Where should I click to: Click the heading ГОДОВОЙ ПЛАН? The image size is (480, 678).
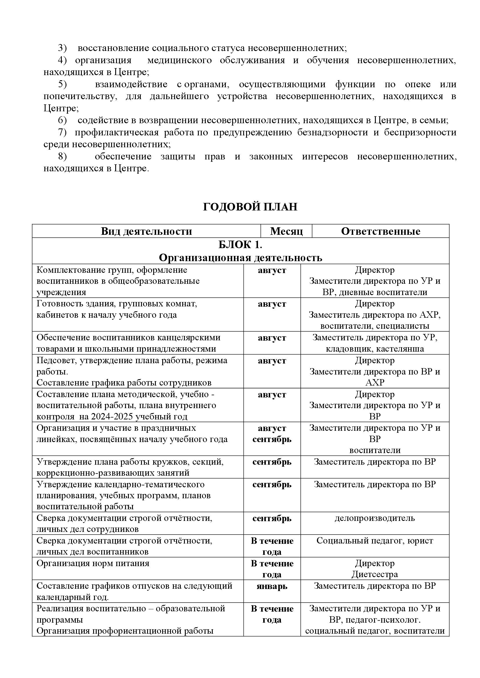pyautogui.click(x=250, y=207)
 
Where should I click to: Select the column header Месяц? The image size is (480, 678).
pyautogui.click(x=286, y=231)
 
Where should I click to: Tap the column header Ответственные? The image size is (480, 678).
pyautogui.click(x=380, y=231)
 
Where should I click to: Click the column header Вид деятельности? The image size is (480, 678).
pyautogui.click(x=146, y=231)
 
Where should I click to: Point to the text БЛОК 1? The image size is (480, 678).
pyautogui.click(x=240, y=245)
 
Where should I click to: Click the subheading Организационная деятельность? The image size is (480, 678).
pyautogui.click(x=240, y=258)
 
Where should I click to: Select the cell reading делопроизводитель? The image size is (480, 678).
pyautogui.click(x=374, y=518)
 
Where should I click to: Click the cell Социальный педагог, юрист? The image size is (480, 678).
pyautogui.click(x=374, y=541)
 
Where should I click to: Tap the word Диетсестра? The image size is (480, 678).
pyautogui.click(x=374, y=574)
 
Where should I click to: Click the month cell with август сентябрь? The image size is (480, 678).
pyautogui.click(x=272, y=434)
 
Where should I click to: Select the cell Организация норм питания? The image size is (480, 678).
pyautogui.click(x=93, y=563)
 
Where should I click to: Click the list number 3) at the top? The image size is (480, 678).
pyautogui.click(x=62, y=48)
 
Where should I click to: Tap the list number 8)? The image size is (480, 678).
pyautogui.click(x=62, y=156)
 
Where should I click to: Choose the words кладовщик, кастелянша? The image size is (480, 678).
pyautogui.click(x=374, y=349)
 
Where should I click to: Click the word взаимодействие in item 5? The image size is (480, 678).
pyautogui.click(x=131, y=84)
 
